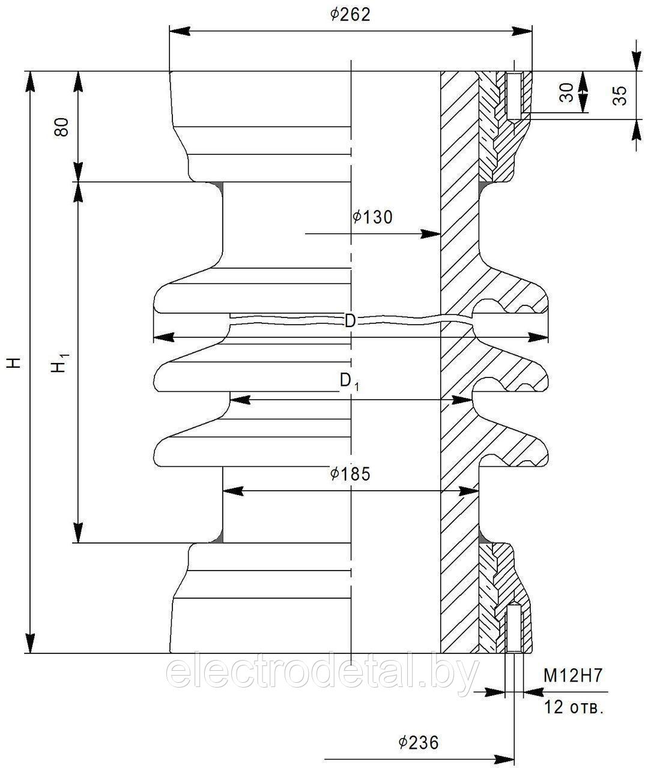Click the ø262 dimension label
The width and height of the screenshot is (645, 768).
[x=350, y=15]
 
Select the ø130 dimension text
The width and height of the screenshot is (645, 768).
[x=372, y=217]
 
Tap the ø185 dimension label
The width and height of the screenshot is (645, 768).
[x=350, y=474]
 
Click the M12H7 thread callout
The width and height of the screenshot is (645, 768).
[x=573, y=676]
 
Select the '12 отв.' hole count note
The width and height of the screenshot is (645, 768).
[x=574, y=707]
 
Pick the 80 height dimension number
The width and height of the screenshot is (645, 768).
[x=61, y=127]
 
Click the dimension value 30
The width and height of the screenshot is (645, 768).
[x=567, y=92]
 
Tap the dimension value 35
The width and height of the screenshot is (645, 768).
[x=620, y=95]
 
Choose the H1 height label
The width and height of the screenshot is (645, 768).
[x=61, y=362]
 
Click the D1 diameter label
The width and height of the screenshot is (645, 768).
[x=349, y=382]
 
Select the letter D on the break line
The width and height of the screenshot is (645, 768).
[x=350, y=322]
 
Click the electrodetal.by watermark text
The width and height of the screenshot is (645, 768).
[x=322, y=674]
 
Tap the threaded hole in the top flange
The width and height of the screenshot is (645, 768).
[x=514, y=95]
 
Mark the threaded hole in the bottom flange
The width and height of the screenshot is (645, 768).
[x=514, y=628]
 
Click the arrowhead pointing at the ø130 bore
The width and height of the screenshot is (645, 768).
[x=431, y=234]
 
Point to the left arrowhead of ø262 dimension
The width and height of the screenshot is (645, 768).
[x=180, y=31]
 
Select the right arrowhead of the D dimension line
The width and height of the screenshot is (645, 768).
[x=538, y=337]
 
